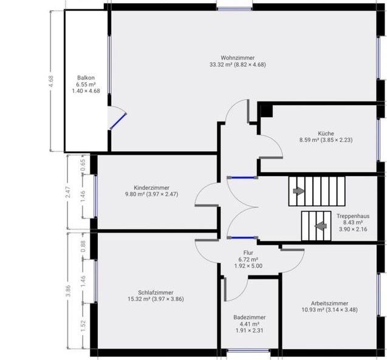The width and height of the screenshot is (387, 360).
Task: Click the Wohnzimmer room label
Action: pyautogui.click(x=237, y=57)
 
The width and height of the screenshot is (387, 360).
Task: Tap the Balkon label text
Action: pyautogui.click(x=86, y=77)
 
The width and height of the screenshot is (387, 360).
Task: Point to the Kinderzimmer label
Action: pyautogui.click(x=151, y=188)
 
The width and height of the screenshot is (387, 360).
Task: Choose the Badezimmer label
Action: pyautogui.click(x=249, y=317)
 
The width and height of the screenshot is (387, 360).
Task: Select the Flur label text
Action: pyautogui.click(x=248, y=252)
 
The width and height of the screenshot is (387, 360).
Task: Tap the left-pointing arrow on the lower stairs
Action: pyautogui.click(x=320, y=226)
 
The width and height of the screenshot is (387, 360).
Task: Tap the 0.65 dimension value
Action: pyautogui.click(x=84, y=164)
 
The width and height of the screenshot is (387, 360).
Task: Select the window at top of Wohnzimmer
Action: pyautogui.click(x=234, y=7)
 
